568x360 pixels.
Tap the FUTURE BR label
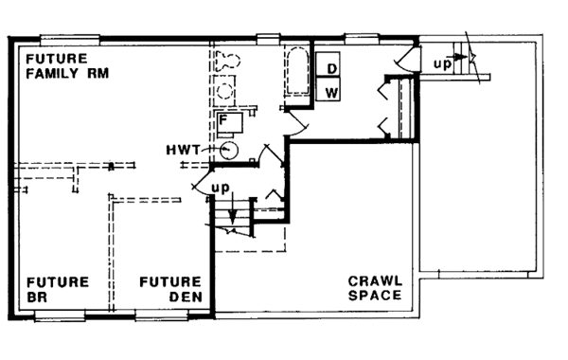[57, 288]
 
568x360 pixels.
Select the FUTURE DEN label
[170, 288]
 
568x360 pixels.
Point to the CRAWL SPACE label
[375, 288]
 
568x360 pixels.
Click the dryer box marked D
[331, 69]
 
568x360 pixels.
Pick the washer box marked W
[331, 92]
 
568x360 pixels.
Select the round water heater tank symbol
[228, 149]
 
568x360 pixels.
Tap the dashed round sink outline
[226, 91]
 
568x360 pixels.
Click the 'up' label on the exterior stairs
[441, 63]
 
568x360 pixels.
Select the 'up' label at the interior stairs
[220, 186]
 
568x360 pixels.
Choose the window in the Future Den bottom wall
[161, 315]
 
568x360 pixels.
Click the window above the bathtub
[269, 38]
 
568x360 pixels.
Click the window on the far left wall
[10, 171]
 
